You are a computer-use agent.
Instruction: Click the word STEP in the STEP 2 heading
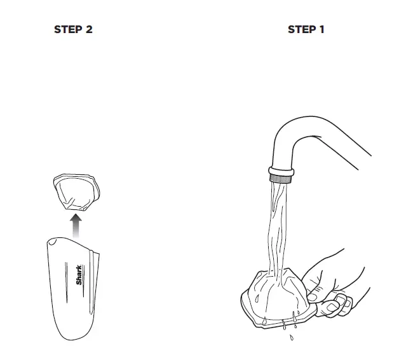tap(67, 30)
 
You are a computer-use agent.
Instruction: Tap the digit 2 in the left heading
tap(88, 30)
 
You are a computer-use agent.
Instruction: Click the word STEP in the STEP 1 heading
tap(301, 30)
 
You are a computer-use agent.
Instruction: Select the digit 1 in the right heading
tap(321, 30)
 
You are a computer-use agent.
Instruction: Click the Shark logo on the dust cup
tap(79, 275)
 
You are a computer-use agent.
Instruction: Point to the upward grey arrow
tap(76, 225)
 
